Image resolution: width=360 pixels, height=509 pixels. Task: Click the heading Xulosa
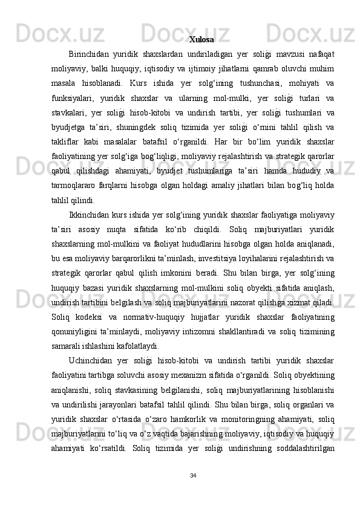[x=201, y=40]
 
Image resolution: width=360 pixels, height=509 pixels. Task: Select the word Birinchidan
[x=90, y=54]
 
